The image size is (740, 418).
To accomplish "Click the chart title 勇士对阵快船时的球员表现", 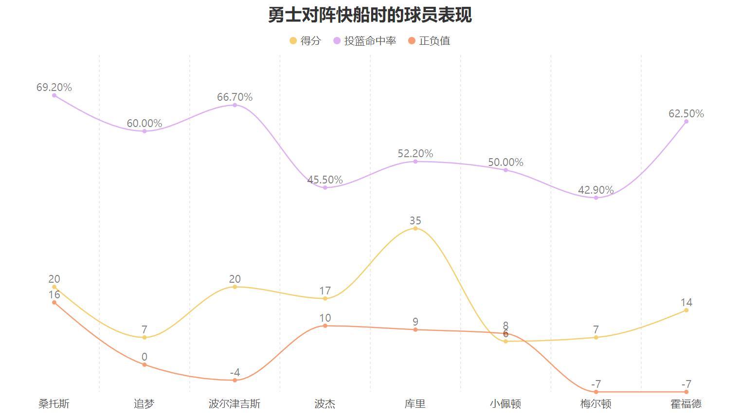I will (x=370, y=15).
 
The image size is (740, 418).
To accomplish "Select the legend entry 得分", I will (x=305, y=41).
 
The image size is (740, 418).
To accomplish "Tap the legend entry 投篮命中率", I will (x=364, y=41).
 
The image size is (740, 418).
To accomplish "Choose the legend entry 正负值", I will (x=429, y=41).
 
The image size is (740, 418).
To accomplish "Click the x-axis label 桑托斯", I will (x=54, y=404).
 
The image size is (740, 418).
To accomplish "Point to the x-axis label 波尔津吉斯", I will (x=235, y=404).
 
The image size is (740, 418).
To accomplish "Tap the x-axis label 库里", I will (x=415, y=404).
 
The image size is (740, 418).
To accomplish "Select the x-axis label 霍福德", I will (x=686, y=404).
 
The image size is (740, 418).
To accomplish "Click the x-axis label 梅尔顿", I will (x=596, y=404).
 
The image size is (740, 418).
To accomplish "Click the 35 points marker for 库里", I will (x=415, y=228).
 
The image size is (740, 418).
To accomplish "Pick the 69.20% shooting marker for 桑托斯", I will (x=54, y=95).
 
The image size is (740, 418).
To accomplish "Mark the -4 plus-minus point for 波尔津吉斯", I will (x=235, y=380).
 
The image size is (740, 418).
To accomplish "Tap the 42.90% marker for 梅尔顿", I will (x=596, y=198).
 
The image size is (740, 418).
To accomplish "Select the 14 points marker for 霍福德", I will (x=686, y=310).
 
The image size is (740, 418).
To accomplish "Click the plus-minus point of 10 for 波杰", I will (x=325, y=326).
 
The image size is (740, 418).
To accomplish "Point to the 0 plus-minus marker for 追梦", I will (x=144, y=364).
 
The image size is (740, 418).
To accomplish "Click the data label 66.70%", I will (x=235, y=97).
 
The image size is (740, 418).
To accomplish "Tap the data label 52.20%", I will (x=415, y=154).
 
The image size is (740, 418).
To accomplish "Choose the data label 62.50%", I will (x=686, y=114).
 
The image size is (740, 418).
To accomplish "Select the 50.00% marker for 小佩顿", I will (x=505, y=170).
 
